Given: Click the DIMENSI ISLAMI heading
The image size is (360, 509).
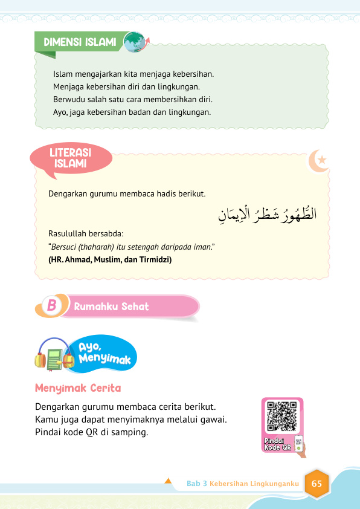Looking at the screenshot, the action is pyautogui.click(x=80, y=42).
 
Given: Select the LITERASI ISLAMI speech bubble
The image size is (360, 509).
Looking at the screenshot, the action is pyautogui.click(x=71, y=159).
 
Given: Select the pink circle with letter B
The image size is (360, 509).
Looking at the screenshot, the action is pyautogui.click(x=51, y=306).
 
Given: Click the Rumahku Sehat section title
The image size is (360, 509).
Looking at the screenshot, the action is pyautogui.click(x=111, y=306).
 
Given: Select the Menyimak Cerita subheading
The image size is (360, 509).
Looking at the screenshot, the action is pyautogui.click(x=78, y=387).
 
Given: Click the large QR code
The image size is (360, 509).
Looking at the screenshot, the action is pyautogui.click(x=281, y=416).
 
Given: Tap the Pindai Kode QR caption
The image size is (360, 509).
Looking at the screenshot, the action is pyautogui.click(x=278, y=445).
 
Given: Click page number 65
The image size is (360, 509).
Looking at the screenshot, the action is pyautogui.click(x=317, y=484).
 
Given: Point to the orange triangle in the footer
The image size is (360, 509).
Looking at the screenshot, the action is pyautogui.click(x=169, y=481).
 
